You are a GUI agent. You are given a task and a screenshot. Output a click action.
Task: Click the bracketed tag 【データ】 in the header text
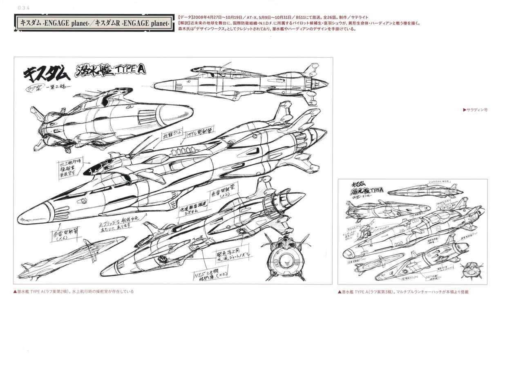pos(186,18)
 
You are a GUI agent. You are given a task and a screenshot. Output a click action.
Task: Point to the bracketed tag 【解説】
pos(186,23)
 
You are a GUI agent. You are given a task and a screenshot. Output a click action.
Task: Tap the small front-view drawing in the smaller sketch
pos(468,270)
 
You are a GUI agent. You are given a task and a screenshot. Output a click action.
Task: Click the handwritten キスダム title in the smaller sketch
pos(360,185)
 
